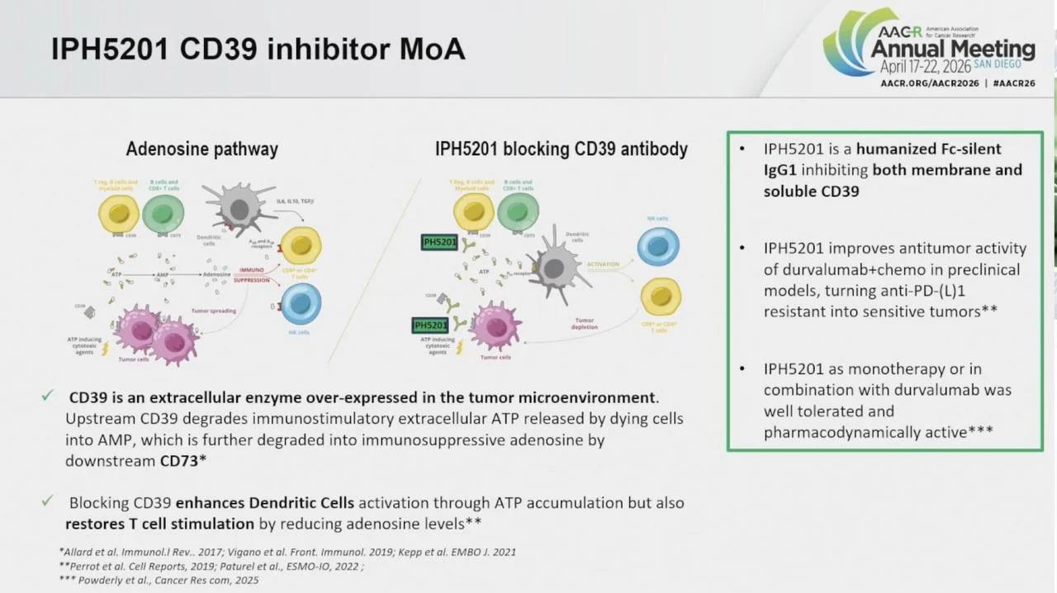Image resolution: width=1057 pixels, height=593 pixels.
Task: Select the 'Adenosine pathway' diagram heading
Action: click(x=201, y=149)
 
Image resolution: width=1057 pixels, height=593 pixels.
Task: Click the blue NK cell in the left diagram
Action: click(x=301, y=302)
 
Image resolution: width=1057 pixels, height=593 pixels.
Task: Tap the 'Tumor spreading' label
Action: click(x=214, y=311)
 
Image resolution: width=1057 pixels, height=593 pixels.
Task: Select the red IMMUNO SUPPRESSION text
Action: click(x=252, y=275)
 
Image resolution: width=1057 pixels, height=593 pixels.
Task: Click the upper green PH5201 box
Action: click(x=438, y=242)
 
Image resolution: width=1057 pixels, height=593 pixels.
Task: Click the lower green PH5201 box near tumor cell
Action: click(x=429, y=325)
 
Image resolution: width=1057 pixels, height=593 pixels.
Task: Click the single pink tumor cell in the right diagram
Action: click(x=495, y=325)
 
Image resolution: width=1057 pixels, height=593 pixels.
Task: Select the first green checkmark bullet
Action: click(x=48, y=396)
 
